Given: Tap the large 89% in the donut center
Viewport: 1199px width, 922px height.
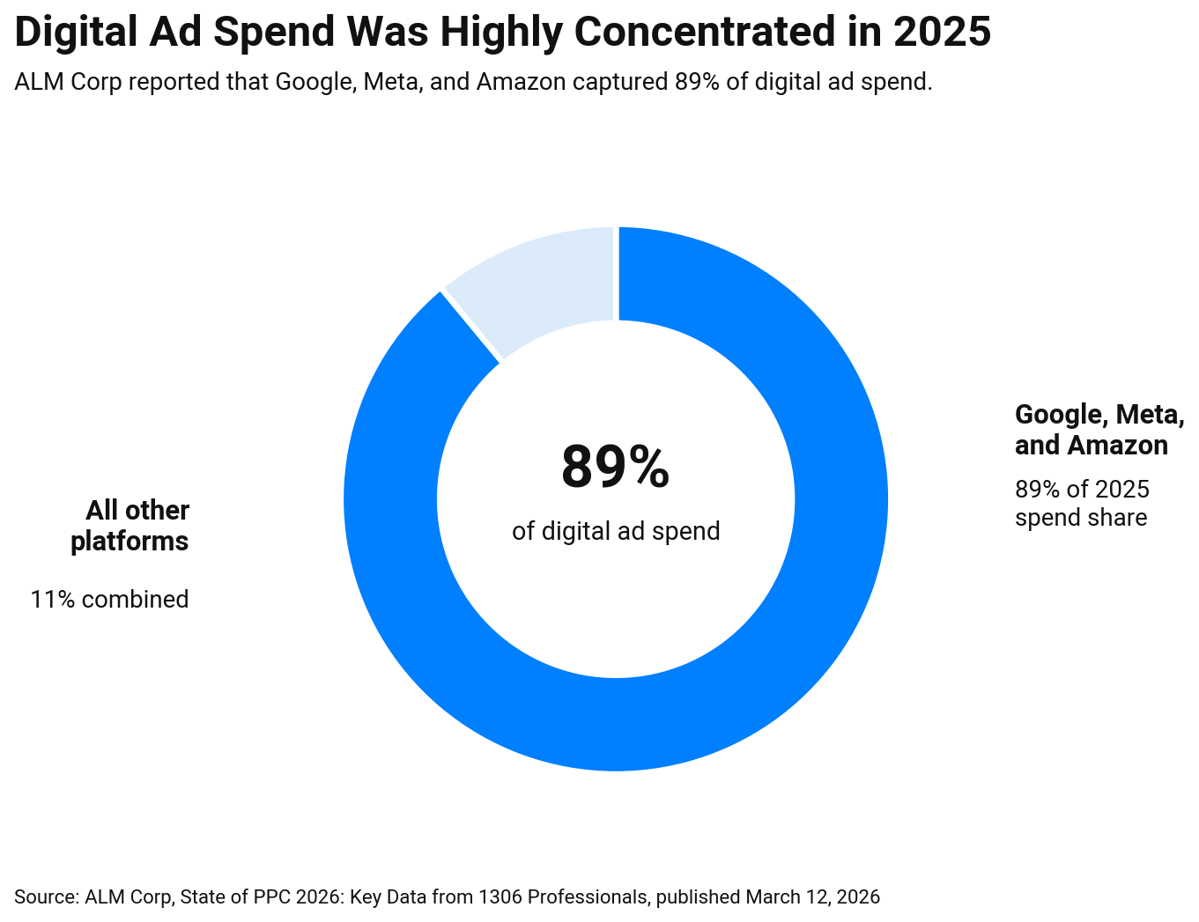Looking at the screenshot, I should tap(615, 468).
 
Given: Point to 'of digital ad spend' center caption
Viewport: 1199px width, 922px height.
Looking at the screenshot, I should tap(616, 531).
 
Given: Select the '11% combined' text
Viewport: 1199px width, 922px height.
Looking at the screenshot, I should tap(109, 600).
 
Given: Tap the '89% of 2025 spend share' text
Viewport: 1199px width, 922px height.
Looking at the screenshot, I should tap(1082, 503).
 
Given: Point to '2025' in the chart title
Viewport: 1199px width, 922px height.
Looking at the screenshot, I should tap(942, 33).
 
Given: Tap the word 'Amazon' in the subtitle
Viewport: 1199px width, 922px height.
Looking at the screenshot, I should tap(522, 82).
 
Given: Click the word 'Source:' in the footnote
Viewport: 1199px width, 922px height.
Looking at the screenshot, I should tap(46, 897).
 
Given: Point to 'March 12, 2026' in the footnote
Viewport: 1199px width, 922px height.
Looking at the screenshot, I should tap(812, 897).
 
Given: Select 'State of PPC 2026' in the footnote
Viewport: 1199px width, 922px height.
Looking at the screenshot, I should tap(262, 897).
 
